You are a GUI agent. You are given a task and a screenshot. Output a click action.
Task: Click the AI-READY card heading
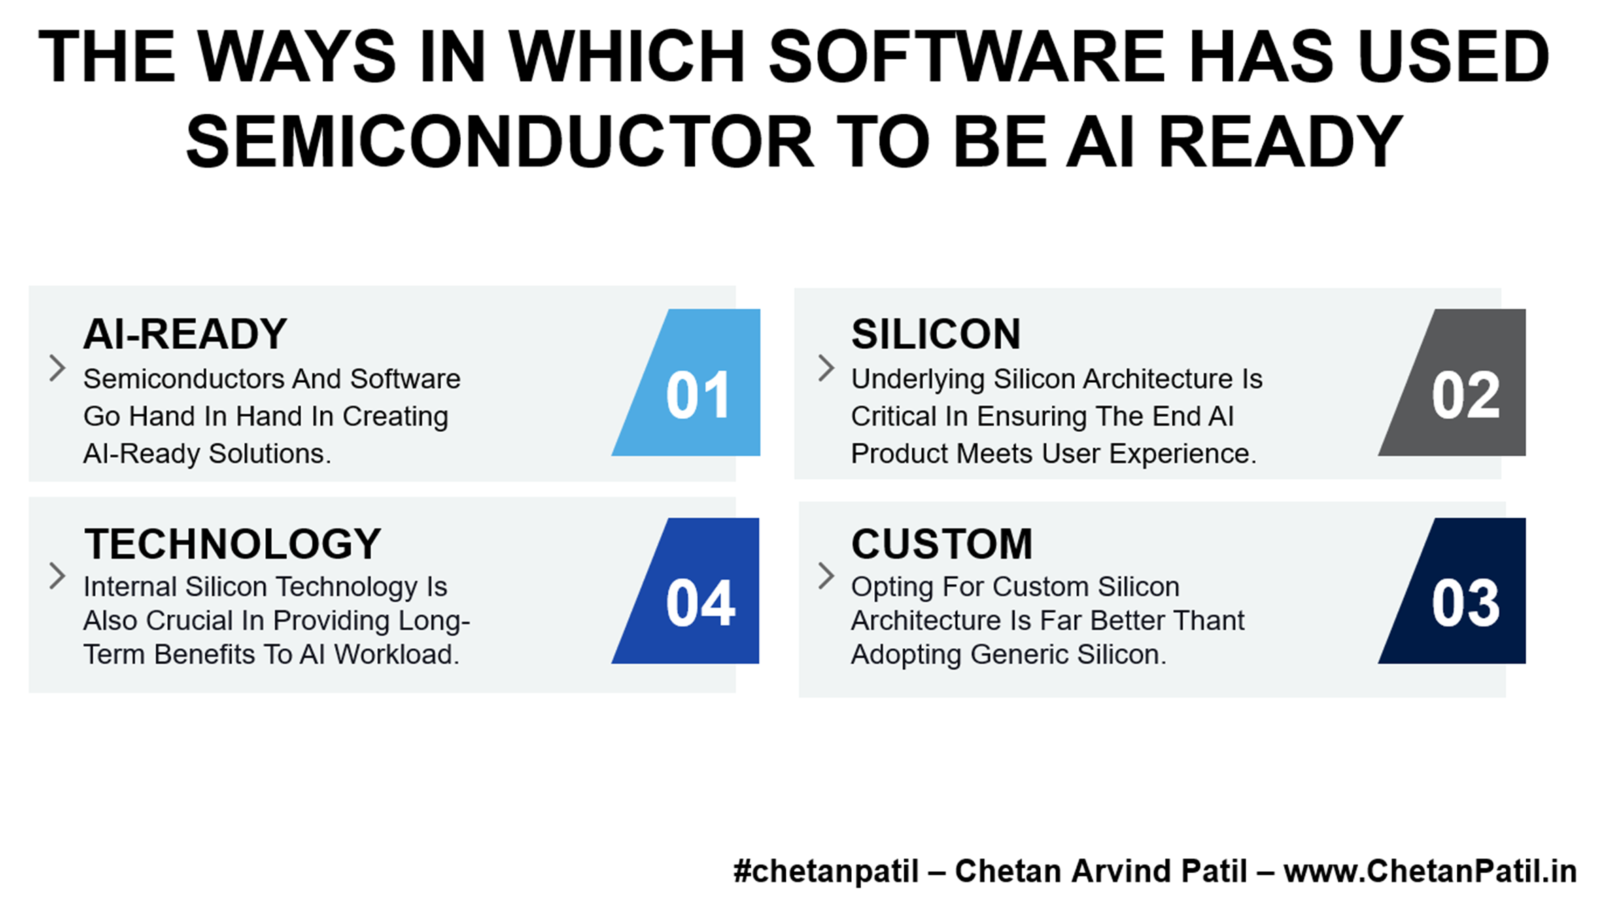point(185,334)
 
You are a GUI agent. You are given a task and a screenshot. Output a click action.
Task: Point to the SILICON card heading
point(936,334)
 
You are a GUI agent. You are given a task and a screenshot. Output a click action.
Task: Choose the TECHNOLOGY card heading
point(232,543)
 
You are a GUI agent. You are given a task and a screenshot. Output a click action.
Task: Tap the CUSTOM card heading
point(942,543)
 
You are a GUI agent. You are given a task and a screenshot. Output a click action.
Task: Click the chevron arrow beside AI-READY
point(58,368)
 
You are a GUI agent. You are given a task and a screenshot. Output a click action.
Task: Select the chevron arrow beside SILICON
point(826,368)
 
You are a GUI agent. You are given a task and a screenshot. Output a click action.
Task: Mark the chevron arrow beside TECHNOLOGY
point(58,576)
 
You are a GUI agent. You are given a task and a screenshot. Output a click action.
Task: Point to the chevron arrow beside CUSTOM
point(826,576)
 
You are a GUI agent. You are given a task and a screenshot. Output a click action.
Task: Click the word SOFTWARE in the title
point(965,56)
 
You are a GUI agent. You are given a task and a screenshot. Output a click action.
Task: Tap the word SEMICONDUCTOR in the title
point(500,141)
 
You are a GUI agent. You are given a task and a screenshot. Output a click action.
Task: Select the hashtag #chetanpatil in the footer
point(826,871)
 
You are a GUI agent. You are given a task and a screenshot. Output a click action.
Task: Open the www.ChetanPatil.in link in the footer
point(1430,871)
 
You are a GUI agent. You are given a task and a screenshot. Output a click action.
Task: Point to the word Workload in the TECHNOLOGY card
point(396,654)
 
